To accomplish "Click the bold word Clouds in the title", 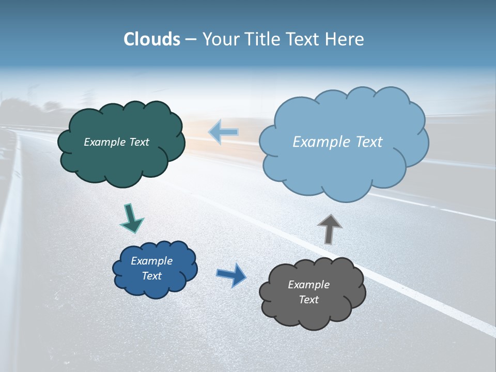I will [x=151, y=39].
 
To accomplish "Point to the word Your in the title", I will [x=220, y=39].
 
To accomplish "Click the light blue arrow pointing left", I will [x=224, y=132].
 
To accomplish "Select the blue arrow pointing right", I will [x=231, y=275].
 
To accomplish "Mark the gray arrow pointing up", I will [x=329, y=229].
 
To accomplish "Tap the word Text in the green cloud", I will [x=139, y=142].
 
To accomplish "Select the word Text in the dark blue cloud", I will [x=152, y=276].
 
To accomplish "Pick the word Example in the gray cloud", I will [x=308, y=285].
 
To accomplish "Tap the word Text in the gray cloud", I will [x=308, y=300].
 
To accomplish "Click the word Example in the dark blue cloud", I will [x=152, y=261].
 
